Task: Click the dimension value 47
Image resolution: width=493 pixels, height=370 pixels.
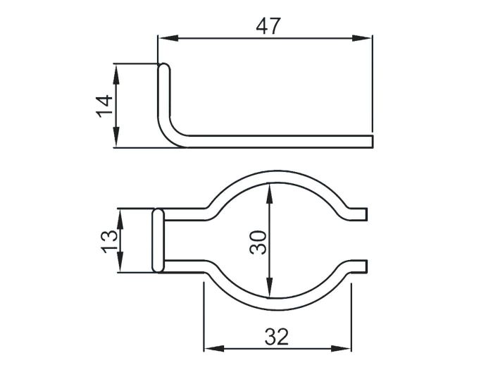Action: (269, 25)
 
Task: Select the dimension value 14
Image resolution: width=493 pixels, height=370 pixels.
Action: (104, 106)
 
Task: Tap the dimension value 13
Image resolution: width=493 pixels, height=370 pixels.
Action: (109, 240)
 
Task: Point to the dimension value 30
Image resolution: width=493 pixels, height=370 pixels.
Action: (258, 242)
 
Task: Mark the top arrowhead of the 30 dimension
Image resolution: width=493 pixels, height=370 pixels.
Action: (268, 189)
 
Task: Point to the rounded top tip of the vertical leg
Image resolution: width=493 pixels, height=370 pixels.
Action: (163, 68)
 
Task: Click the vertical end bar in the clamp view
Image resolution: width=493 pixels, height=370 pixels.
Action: (158, 240)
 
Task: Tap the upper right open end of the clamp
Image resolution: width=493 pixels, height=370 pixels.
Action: (363, 213)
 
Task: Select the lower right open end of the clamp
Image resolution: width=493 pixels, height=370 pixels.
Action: (363, 266)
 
